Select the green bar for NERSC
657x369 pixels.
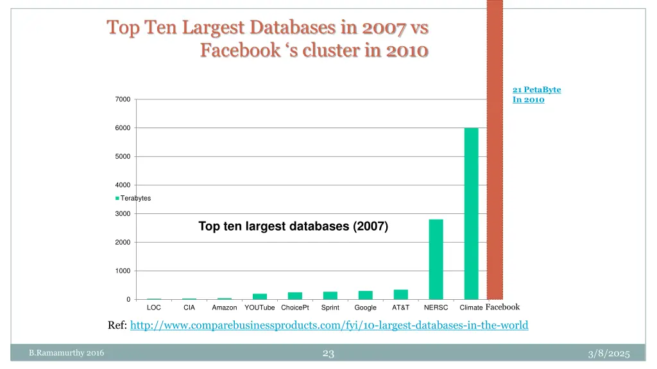click(x=436, y=259)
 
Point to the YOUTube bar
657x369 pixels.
click(x=260, y=297)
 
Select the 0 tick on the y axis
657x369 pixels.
click(x=128, y=300)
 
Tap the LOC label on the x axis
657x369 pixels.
click(x=154, y=308)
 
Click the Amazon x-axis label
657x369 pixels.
click(x=225, y=308)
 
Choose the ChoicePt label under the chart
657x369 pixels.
click(x=295, y=308)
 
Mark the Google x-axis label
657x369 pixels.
click(x=366, y=308)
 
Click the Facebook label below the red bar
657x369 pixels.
click(x=502, y=307)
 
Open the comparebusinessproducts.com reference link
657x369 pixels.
click(x=329, y=325)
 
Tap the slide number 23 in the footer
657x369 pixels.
click(x=328, y=353)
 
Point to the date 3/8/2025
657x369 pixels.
click(x=609, y=354)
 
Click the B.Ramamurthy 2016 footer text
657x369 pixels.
click(x=67, y=353)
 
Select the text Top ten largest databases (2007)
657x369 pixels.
click(x=293, y=226)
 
